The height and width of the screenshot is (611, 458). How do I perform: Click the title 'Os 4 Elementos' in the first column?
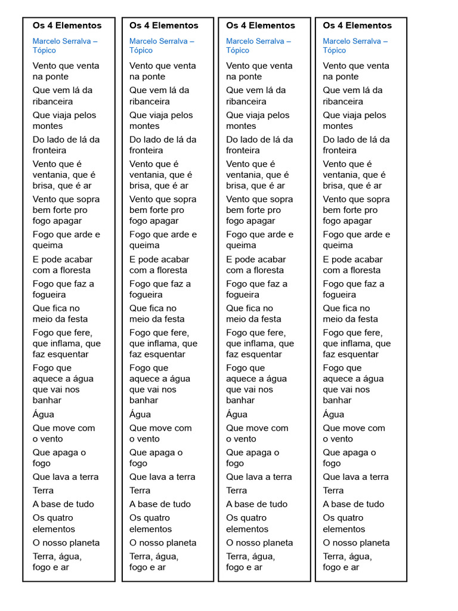(67, 26)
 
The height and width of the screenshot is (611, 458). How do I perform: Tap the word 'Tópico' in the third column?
(237, 51)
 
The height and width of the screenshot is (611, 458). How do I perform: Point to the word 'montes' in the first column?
(48, 126)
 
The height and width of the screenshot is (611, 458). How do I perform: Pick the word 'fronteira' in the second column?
(146, 150)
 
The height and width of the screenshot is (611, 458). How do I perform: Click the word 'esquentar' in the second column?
(161, 354)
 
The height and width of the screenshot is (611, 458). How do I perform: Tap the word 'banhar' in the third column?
(240, 400)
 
